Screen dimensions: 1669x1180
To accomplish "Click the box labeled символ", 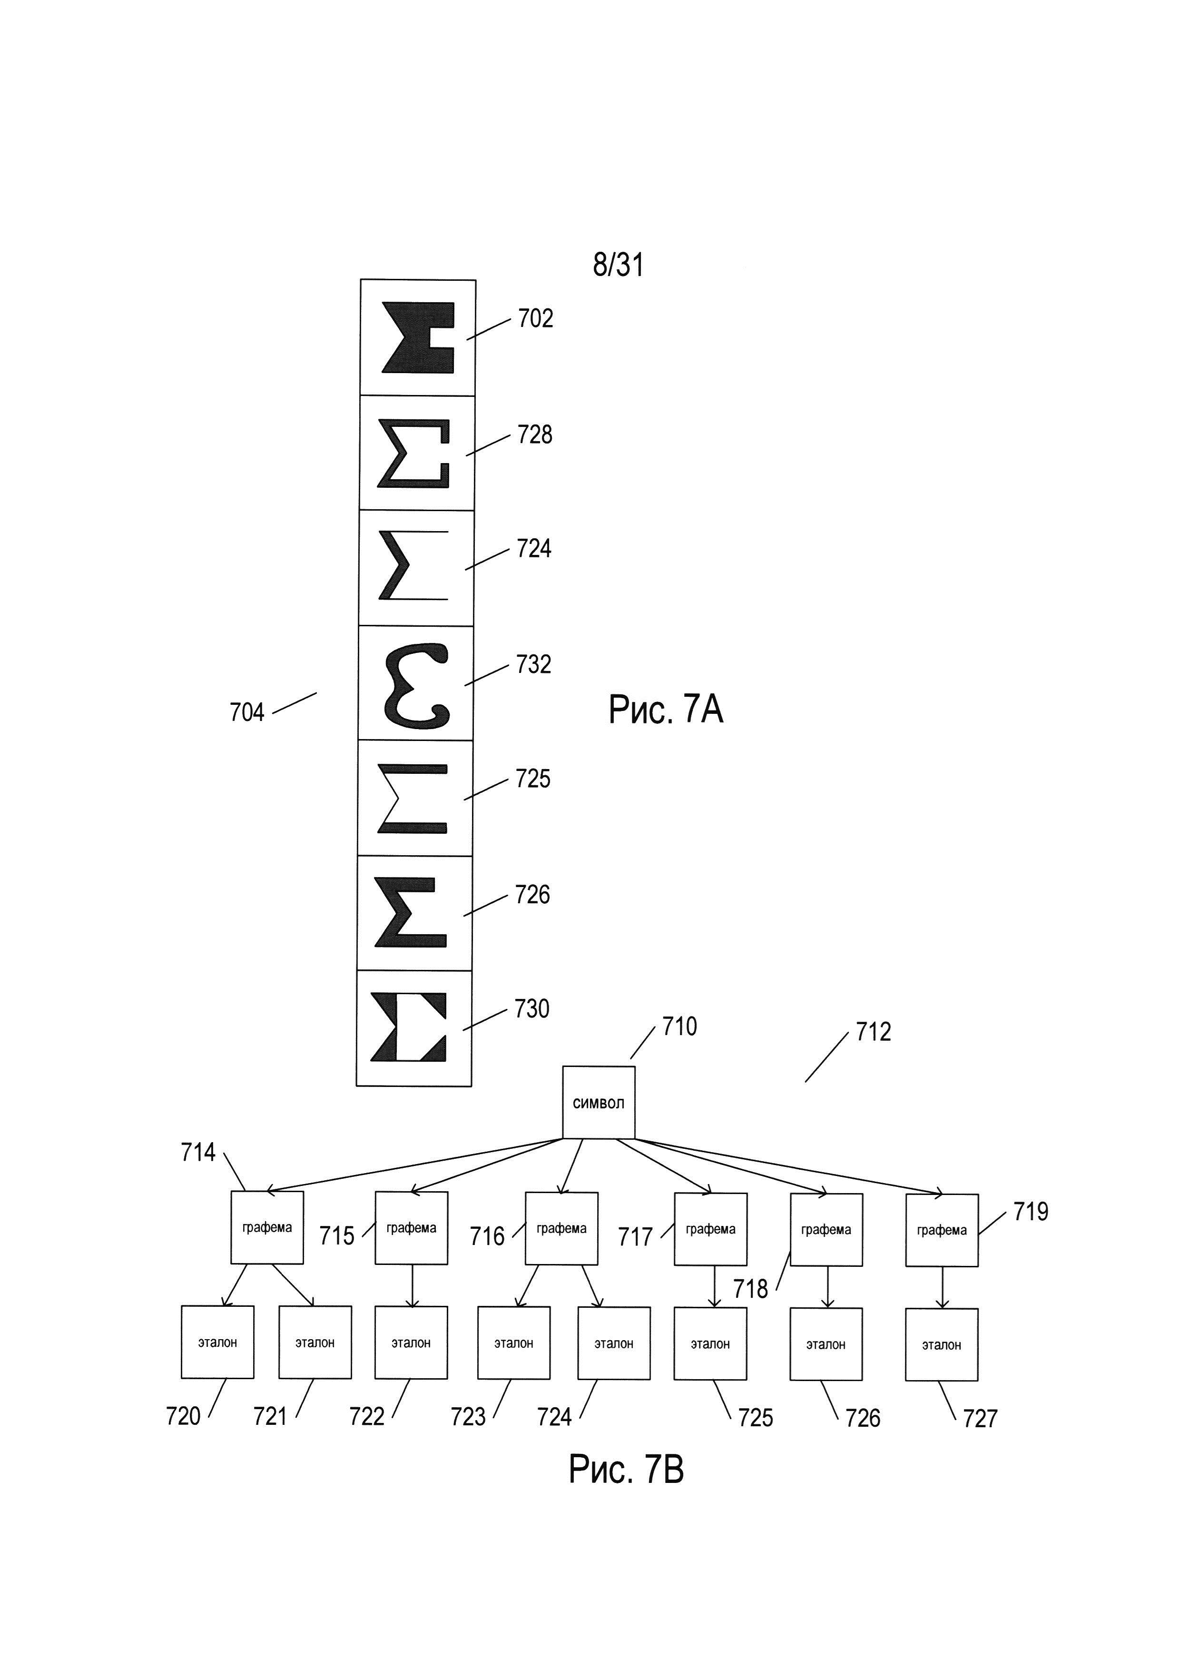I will (x=599, y=1102).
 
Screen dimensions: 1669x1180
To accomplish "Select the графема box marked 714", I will (x=266, y=1227).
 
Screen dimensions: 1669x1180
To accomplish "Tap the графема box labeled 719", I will (x=941, y=1230).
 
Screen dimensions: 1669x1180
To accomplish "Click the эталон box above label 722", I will (x=411, y=1343).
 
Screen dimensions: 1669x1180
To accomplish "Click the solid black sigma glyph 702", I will (x=419, y=337).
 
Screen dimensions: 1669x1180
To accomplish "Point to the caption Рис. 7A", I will (x=666, y=710).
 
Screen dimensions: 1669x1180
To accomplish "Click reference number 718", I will (x=750, y=1289).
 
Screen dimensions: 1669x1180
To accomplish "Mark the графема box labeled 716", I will (x=561, y=1228).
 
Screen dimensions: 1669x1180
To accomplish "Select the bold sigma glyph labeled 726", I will (x=411, y=912).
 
